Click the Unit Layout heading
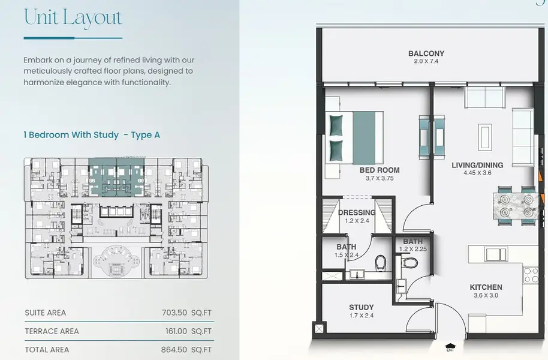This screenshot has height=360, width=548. [x=73, y=17]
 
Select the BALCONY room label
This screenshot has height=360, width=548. [x=426, y=53]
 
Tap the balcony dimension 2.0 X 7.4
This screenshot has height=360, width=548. [x=426, y=61]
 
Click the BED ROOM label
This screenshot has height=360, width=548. [x=380, y=170]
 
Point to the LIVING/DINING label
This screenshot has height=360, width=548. [x=477, y=165]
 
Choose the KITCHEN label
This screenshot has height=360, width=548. [x=486, y=287]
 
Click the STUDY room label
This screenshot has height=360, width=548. [x=362, y=307]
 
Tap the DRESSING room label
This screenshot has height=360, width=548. [x=357, y=212]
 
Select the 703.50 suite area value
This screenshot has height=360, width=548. [x=174, y=313]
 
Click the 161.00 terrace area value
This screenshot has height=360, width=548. [x=176, y=331]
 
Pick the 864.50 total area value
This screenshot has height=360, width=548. [x=174, y=350]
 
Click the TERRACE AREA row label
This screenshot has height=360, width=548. [x=52, y=331]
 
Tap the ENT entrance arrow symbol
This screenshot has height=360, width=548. [x=450, y=347]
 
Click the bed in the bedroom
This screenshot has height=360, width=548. [x=355, y=137]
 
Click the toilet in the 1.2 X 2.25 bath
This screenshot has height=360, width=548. [x=409, y=262]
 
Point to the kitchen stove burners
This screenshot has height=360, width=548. [x=531, y=275]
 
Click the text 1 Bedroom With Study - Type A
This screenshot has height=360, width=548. [x=92, y=134]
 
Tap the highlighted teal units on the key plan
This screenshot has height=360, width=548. [x=116, y=177]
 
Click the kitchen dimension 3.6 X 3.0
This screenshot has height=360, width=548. [x=486, y=295]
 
